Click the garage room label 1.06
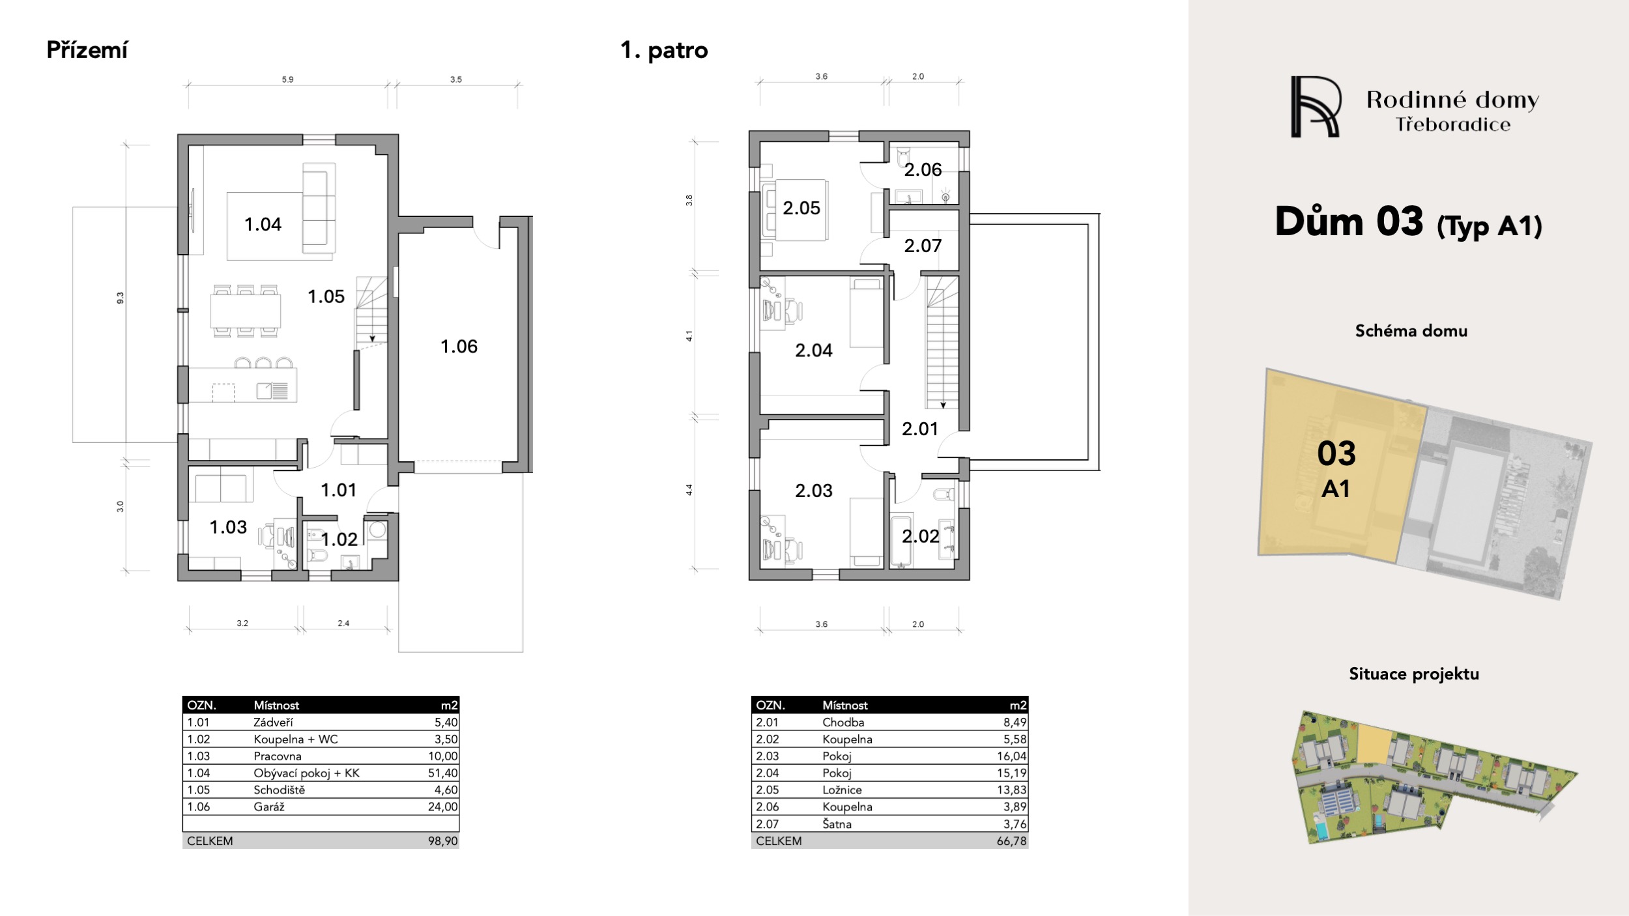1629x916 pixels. pyautogui.click(x=459, y=347)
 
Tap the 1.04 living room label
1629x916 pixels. pyautogui.click(x=263, y=224)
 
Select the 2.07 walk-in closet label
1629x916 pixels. pyautogui.click(x=923, y=246)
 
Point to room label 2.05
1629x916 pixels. pyautogui.click(x=801, y=208)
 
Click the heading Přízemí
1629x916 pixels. pyautogui.click(x=87, y=50)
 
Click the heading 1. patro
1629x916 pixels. pyautogui.click(x=664, y=50)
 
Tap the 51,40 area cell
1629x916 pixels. pyautogui.click(x=443, y=773)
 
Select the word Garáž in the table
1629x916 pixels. pyautogui.click(x=269, y=807)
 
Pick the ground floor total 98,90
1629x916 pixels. pyautogui.click(x=443, y=841)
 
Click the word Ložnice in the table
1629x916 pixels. pyautogui.click(x=842, y=790)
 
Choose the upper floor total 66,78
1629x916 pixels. pyautogui.click(x=1011, y=841)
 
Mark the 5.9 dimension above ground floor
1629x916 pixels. pyautogui.click(x=287, y=79)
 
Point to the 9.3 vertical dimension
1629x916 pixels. pyautogui.click(x=120, y=298)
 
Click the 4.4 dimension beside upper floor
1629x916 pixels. pyautogui.click(x=689, y=490)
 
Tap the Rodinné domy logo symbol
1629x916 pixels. pyautogui.click(x=1315, y=107)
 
